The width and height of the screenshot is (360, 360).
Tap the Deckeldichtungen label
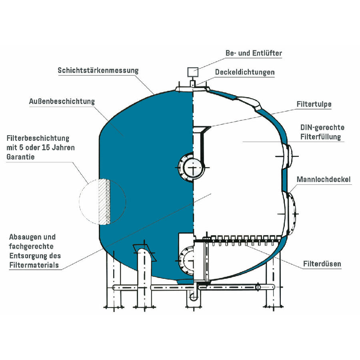[245, 72]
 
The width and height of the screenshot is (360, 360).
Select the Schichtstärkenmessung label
[98, 70]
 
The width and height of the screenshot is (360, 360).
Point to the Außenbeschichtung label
[62, 102]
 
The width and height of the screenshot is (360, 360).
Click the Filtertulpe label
[314, 104]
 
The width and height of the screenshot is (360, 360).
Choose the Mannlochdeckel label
[324, 179]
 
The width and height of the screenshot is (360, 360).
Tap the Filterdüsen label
[322, 264]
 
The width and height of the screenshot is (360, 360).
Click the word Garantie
[20, 157]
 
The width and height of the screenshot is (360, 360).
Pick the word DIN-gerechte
[322, 128]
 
